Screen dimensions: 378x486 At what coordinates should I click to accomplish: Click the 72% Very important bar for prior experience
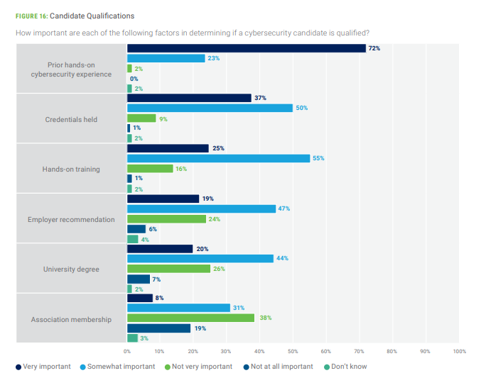[246, 48]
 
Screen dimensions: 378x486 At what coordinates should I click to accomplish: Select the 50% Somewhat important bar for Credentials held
[210, 108]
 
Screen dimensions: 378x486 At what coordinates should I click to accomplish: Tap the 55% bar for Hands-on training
[218, 158]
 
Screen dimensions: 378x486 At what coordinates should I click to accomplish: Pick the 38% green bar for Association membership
[190, 318]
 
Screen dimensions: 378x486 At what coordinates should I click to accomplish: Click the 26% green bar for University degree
[168, 269]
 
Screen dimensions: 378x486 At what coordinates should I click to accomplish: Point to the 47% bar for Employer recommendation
[201, 209]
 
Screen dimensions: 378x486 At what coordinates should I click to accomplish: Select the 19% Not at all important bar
[158, 328]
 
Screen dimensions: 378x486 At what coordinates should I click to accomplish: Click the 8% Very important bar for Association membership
[140, 298]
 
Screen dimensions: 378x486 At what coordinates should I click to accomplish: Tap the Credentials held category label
[71, 119]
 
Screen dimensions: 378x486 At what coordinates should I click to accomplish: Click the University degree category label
[71, 269]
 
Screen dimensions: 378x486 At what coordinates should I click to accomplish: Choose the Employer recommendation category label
[71, 219]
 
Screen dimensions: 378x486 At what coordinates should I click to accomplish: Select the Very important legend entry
[43, 367]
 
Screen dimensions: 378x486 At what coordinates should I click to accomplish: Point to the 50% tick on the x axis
[293, 351]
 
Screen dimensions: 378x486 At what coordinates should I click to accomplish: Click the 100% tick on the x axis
[459, 351]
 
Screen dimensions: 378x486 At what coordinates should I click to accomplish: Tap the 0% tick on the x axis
[127, 351]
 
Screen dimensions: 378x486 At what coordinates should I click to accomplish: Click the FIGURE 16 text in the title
[31, 16]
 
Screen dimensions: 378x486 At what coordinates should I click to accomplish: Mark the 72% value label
[374, 48]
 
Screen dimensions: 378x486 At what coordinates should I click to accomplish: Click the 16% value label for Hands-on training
[181, 169]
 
